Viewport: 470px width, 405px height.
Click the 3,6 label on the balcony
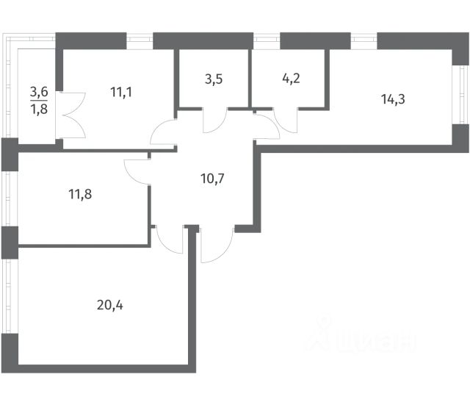[38, 93]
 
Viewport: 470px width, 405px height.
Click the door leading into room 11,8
[137, 170]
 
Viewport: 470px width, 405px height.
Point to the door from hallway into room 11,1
[164, 133]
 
